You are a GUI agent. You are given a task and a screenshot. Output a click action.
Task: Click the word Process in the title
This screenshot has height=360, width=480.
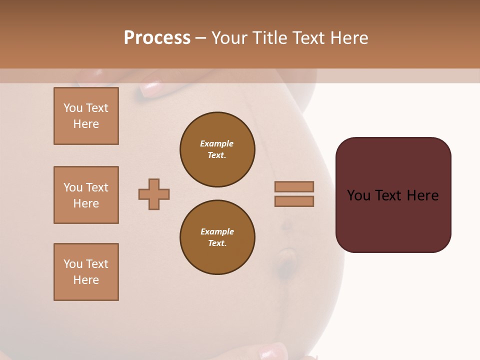157,38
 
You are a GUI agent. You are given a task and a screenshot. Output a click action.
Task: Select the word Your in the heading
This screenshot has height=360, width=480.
230,38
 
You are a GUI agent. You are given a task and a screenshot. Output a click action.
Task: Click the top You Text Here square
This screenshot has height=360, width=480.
86,116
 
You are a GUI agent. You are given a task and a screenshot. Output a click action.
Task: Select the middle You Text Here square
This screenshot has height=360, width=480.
86,195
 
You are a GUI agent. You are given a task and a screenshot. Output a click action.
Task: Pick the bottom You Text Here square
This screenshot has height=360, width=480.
86,272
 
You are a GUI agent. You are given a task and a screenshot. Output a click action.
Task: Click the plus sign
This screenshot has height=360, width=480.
154,194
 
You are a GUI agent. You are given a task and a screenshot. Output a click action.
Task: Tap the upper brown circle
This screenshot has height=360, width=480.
217,149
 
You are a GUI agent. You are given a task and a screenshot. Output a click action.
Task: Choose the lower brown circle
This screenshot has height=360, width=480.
217,237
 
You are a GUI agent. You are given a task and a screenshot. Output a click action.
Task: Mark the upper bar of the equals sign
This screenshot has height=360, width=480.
294,186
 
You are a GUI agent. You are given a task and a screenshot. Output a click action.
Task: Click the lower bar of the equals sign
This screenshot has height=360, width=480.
294,201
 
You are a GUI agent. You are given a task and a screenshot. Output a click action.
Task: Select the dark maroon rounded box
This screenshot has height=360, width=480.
393,195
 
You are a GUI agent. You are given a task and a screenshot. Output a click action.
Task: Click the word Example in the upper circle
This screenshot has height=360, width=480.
216,143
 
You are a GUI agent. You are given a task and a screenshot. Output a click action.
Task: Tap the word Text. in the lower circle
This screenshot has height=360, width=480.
217,243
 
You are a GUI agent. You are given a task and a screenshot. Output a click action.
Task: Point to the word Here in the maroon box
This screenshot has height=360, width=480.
422,195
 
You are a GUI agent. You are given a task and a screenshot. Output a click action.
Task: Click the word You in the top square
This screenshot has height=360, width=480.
73,108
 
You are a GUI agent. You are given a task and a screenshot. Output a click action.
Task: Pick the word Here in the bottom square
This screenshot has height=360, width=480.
86,280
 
